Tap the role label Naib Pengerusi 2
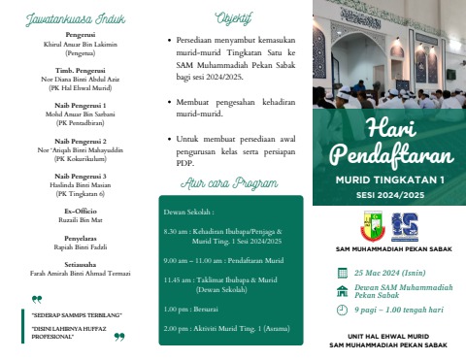80,141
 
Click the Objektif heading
232,16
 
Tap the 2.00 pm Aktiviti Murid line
229,328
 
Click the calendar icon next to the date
341,274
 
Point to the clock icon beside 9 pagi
341,311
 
